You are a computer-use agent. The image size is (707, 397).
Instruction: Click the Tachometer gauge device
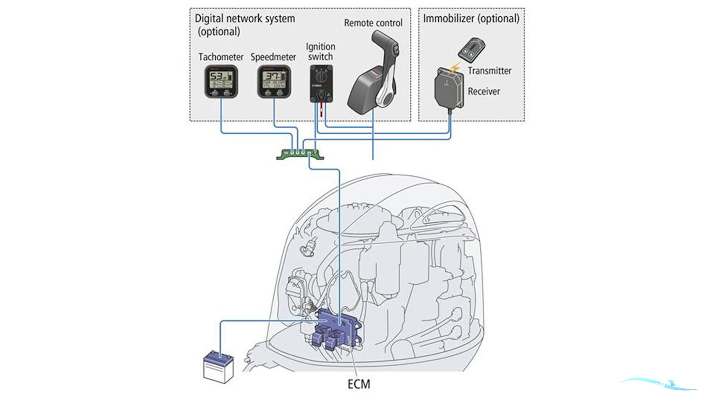221,81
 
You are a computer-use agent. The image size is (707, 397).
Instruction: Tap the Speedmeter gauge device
274,82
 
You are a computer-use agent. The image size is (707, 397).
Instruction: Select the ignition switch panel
321,83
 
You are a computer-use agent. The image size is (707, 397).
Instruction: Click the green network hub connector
300,154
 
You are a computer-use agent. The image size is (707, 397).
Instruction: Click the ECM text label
358,384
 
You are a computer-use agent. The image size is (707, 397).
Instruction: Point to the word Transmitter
489,71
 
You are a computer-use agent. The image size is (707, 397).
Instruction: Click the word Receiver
484,91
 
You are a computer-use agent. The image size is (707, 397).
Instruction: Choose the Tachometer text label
221,57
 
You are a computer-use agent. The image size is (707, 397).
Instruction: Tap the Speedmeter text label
273,57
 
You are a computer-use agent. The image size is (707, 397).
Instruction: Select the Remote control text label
373,23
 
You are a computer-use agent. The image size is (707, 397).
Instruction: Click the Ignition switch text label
320,52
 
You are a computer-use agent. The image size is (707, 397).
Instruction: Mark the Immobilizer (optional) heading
471,19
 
